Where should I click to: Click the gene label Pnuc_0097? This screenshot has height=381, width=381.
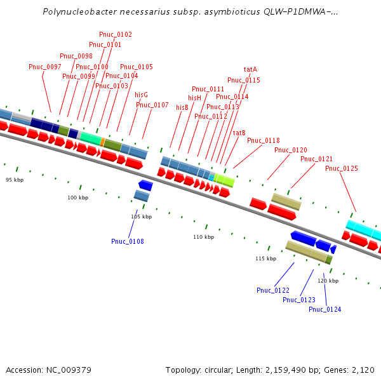45,67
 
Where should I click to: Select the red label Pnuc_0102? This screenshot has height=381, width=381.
116,34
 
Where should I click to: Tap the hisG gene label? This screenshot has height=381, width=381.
141,95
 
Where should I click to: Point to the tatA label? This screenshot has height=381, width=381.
250,69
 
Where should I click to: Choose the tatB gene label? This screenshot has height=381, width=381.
239,133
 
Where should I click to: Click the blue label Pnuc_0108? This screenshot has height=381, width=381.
127,241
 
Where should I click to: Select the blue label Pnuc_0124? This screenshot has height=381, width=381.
325,309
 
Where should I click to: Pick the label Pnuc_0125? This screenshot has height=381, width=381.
342,168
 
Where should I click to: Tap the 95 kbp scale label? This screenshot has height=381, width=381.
15,180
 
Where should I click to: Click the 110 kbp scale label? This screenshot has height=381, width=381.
204,237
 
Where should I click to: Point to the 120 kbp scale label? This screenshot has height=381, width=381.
328,280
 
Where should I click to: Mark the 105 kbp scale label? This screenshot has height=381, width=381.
142,217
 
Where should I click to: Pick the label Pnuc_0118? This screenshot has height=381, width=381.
264,140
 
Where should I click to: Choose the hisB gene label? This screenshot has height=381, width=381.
182,107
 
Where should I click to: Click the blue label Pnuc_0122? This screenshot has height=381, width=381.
273,290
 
